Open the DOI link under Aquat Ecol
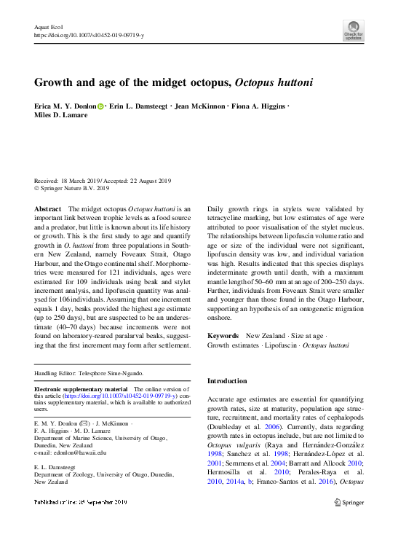tap(89, 35)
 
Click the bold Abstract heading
tap(48, 208)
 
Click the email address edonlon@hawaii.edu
tap(70, 452)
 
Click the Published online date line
tap(80, 502)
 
